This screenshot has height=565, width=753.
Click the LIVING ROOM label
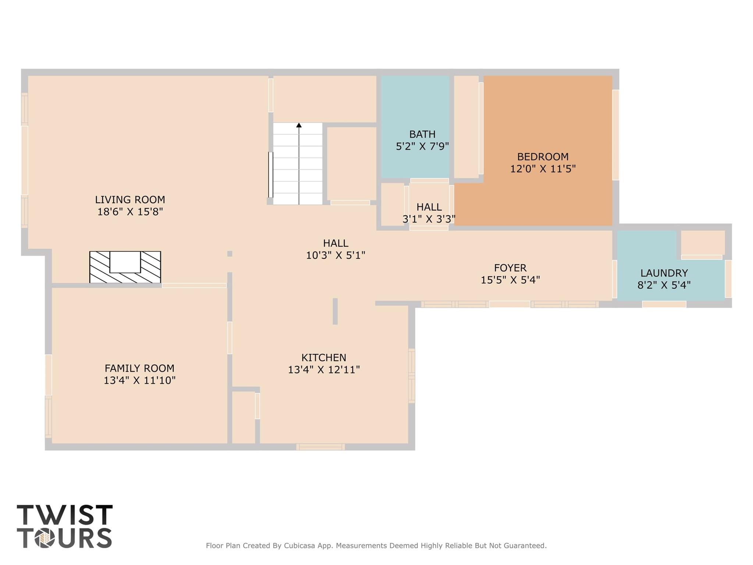coord(130,200)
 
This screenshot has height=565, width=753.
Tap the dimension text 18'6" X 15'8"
coord(130,212)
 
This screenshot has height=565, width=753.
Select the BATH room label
coord(422,134)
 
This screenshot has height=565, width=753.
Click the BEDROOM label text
coord(543,157)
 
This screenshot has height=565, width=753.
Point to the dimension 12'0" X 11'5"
coord(543,169)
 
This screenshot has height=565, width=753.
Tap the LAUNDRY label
coord(664,273)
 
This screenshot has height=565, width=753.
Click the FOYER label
coord(510,268)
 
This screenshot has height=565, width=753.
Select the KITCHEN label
coord(324,358)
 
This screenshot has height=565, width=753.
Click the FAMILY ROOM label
coord(139,368)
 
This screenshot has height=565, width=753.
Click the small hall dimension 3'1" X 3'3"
coord(429,219)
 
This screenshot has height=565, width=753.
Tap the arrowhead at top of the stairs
coord(299,126)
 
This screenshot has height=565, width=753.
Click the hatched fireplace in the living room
coord(125,267)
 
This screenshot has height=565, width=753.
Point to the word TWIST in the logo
coord(65,515)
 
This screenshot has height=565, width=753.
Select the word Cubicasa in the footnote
coord(299,545)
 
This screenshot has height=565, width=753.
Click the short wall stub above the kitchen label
coord(335,311)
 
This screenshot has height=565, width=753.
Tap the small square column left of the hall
coord(230,254)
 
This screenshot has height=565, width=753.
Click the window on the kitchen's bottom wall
coord(320,447)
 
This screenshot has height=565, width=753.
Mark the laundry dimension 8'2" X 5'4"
coord(664,285)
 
